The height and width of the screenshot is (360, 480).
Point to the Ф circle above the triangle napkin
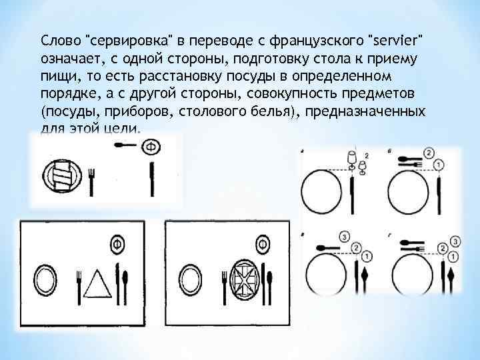[x=119, y=243]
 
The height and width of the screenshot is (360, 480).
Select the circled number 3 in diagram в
[x=345, y=236]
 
